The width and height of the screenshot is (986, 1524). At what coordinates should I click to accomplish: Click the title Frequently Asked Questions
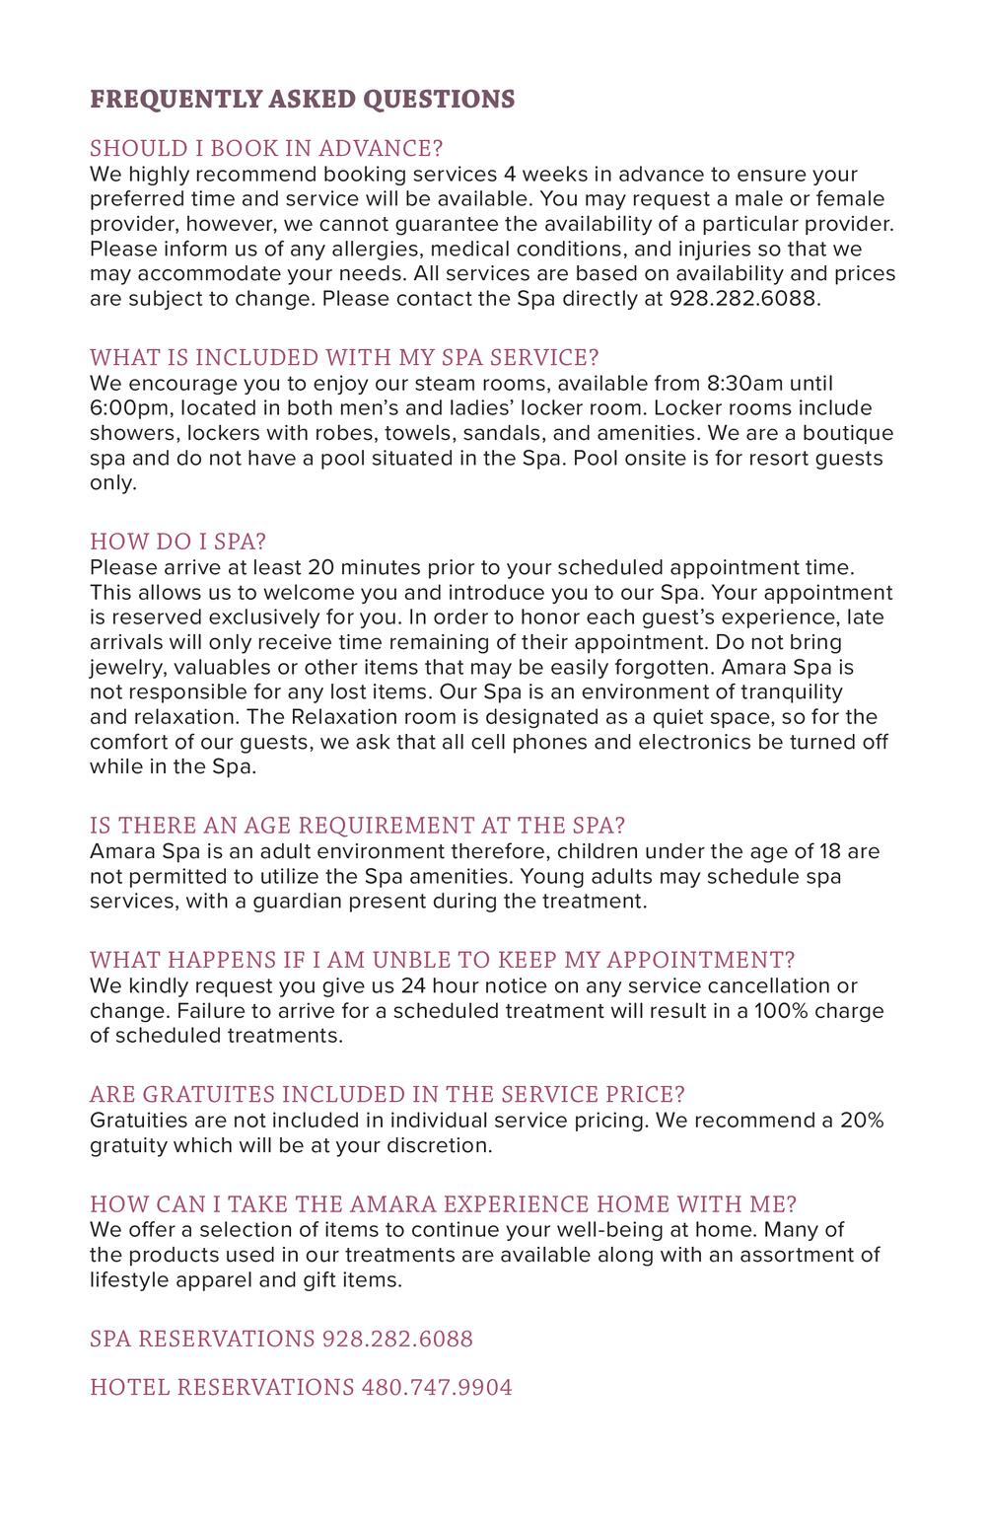302,99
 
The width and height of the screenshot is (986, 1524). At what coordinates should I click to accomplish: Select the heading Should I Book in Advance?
266,148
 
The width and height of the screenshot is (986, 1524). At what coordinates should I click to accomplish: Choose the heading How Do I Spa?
177,542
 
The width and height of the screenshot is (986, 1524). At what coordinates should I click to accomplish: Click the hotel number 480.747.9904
437,1388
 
